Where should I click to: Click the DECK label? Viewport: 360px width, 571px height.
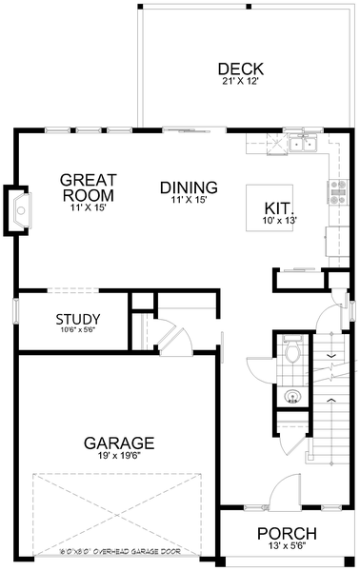240,69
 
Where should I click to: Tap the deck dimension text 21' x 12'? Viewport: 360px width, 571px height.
240,82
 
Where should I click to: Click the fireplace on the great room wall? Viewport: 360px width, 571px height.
20,209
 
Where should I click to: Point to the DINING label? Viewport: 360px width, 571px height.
189,187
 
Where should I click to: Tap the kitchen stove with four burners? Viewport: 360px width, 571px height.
337,193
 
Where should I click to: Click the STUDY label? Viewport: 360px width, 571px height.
78,319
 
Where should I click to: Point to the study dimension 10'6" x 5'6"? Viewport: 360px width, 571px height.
77,331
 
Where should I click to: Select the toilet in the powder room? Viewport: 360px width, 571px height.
293,355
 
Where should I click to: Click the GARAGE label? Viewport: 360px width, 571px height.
118,443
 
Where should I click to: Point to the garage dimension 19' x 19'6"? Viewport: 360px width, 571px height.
118,456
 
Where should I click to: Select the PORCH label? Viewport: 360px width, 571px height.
287,534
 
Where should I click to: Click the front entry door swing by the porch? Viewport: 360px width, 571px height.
284,495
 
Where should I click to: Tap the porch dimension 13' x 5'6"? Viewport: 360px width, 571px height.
287,547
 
